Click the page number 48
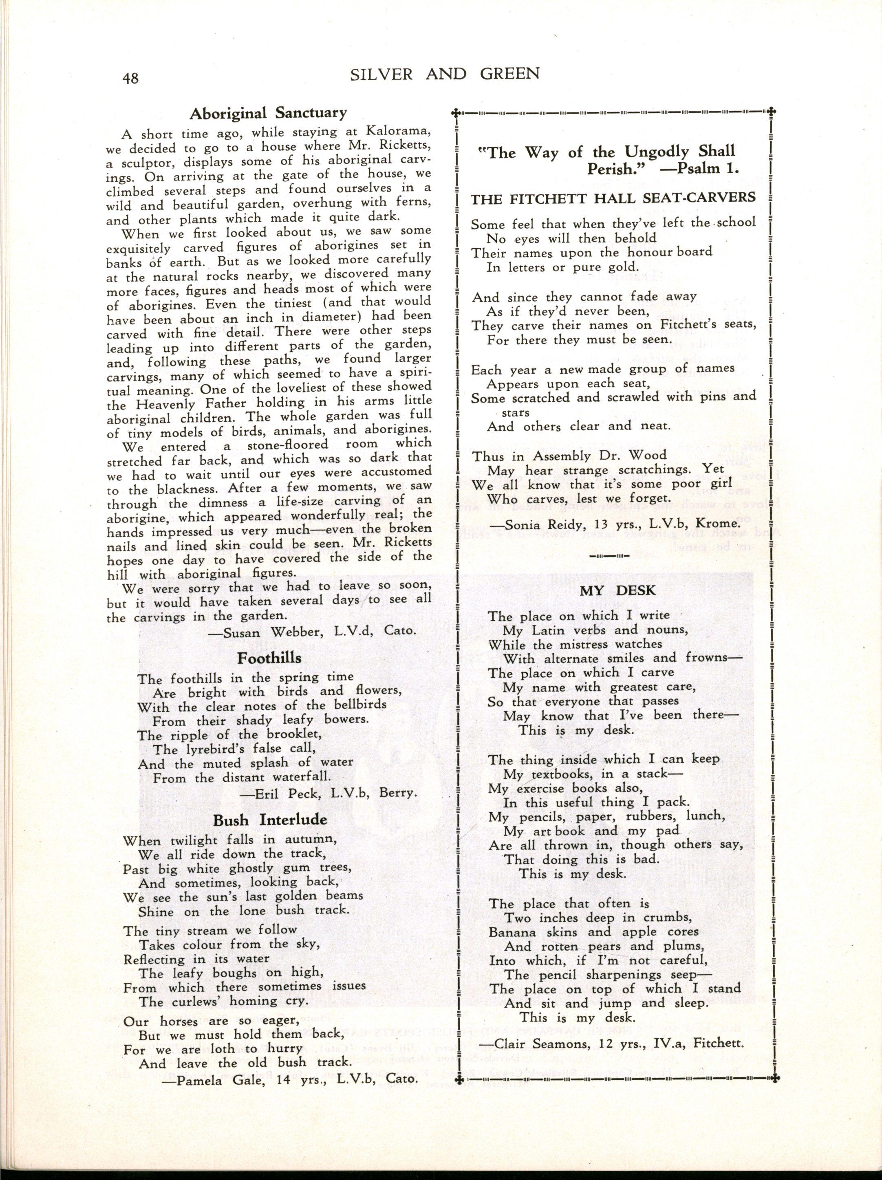coord(129,78)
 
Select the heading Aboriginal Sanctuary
coord(268,113)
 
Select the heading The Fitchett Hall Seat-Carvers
coord(613,197)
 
